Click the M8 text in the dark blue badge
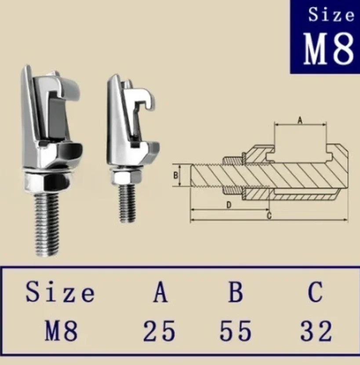(329, 48)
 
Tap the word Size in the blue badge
(331, 15)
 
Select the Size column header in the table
(60, 292)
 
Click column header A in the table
(160, 292)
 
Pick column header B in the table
(236, 292)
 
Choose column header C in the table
(316, 292)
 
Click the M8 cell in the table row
(61, 331)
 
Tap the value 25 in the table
(159, 331)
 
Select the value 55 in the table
(236, 331)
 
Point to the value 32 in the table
(316, 331)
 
